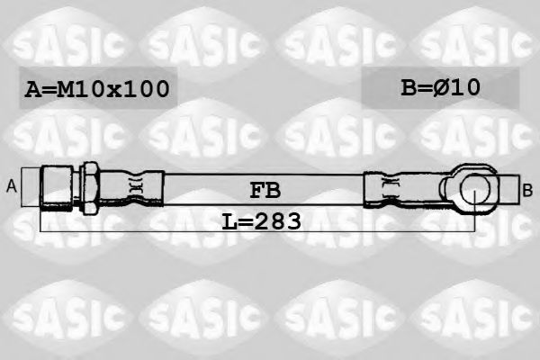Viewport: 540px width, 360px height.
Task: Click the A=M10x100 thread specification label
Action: pos(95,89)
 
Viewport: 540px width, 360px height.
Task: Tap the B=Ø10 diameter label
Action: pos(440,87)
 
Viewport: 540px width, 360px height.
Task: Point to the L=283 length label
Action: pos(260,220)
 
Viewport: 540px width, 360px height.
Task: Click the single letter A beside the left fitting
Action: pos(12,186)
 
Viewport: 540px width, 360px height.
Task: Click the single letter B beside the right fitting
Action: pos(527,189)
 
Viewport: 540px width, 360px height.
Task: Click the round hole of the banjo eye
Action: pos(474,189)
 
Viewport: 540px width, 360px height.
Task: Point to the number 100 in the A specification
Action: pos(145,89)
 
